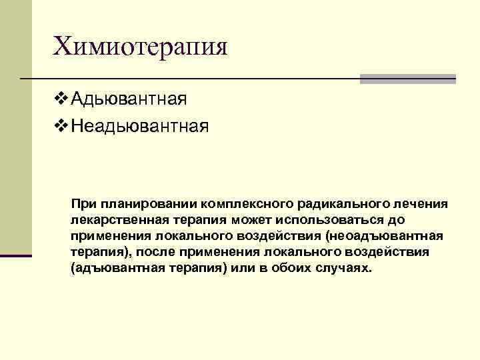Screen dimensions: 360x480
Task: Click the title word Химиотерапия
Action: [141, 47]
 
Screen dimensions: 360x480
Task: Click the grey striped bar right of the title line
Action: [408, 79]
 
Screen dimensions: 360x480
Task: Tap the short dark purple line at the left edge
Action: [16, 255]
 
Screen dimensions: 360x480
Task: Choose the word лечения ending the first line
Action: [414, 203]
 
